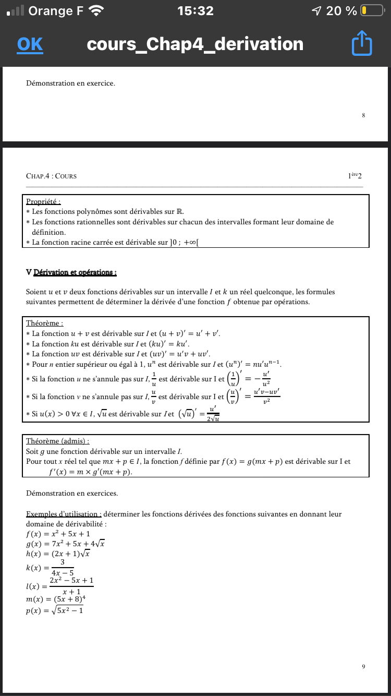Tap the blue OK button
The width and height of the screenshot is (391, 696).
point(30,44)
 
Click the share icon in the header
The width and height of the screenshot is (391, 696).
point(362,44)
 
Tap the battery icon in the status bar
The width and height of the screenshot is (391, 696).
point(372,10)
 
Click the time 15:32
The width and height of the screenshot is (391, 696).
point(195,10)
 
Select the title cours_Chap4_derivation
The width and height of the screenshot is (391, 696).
point(195,44)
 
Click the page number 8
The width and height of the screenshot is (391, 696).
point(363,115)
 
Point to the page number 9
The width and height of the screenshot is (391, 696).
point(363,666)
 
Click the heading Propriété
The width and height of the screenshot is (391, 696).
point(43,201)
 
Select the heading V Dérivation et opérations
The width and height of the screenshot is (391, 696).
point(71,272)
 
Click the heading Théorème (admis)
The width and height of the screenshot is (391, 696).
point(57,441)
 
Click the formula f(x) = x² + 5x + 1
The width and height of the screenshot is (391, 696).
point(58,534)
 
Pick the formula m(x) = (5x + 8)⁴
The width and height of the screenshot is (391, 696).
point(56,600)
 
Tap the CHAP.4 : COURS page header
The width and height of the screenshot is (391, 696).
point(51,176)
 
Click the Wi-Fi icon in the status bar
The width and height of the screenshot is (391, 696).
point(96,10)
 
